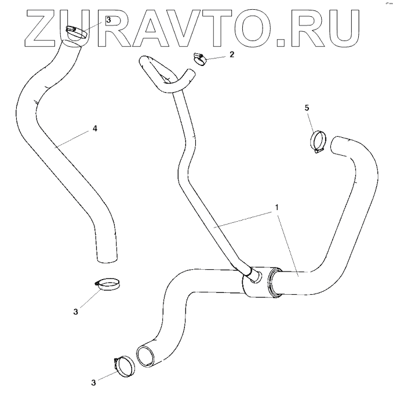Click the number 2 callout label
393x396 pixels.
click(232, 54)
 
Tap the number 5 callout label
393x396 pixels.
click(308, 108)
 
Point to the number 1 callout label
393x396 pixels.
click(276, 207)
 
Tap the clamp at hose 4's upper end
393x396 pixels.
click(76, 31)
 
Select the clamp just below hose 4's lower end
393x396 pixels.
click(108, 284)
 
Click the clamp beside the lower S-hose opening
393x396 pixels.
click(122, 364)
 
